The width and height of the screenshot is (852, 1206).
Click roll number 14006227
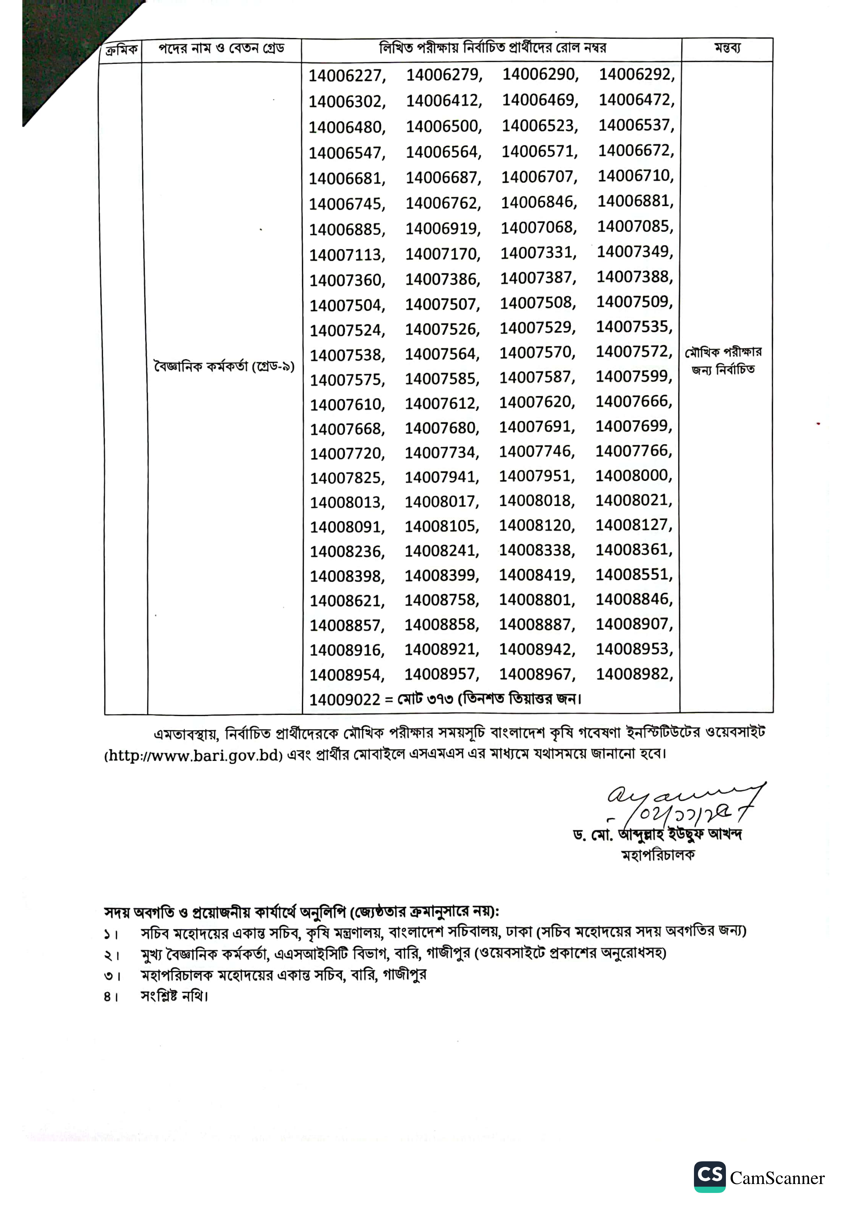tap(347, 76)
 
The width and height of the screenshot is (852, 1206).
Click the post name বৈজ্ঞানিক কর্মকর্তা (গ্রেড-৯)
tap(224, 366)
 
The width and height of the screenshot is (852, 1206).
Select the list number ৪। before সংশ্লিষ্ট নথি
tap(110, 996)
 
